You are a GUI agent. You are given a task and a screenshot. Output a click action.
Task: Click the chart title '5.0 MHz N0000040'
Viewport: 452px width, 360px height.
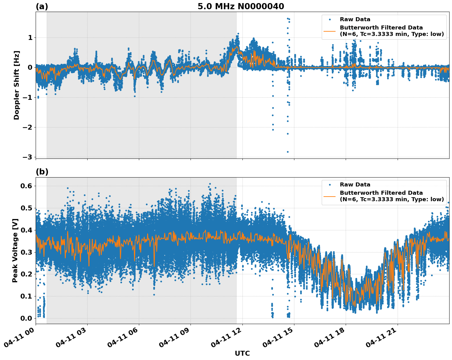(241, 6)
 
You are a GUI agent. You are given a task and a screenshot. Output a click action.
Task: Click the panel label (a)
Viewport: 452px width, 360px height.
(42, 6)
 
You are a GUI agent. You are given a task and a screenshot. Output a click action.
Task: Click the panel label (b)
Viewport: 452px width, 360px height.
(42, 172)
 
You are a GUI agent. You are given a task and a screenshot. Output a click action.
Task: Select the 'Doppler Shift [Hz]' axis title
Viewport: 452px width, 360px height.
(17, 85)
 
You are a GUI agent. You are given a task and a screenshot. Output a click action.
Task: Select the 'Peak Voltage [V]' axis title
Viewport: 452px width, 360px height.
(15, 250)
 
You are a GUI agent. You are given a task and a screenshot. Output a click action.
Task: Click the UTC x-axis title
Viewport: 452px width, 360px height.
(242, 353)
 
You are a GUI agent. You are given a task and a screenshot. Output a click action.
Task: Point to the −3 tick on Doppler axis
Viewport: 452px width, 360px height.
(27, 157)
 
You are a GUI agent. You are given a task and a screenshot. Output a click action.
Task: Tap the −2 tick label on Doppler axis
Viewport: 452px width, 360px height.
(27, 127)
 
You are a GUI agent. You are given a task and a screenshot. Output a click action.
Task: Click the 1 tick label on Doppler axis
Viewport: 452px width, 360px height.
(30, 37)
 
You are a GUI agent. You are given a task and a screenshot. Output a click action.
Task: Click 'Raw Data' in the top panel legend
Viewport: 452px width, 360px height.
(355, 19)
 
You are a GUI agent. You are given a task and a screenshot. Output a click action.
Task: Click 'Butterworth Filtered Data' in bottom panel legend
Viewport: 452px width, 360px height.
(381, 193)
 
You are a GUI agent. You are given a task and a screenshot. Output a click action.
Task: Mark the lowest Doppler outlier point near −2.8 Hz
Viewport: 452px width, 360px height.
(288, 152)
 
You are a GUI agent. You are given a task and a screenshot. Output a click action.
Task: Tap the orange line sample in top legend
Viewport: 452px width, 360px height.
(330, 31)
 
